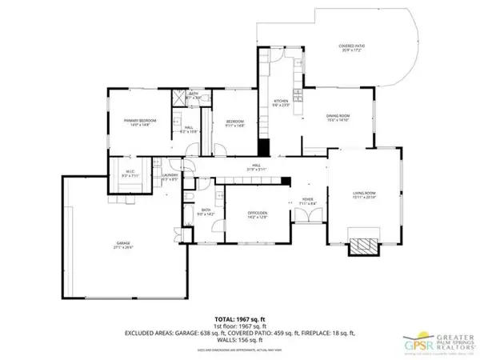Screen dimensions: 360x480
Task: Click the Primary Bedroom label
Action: pos(139,122)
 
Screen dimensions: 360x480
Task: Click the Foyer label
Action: pos(306,202)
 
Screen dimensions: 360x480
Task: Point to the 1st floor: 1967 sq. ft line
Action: pos(239,318)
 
